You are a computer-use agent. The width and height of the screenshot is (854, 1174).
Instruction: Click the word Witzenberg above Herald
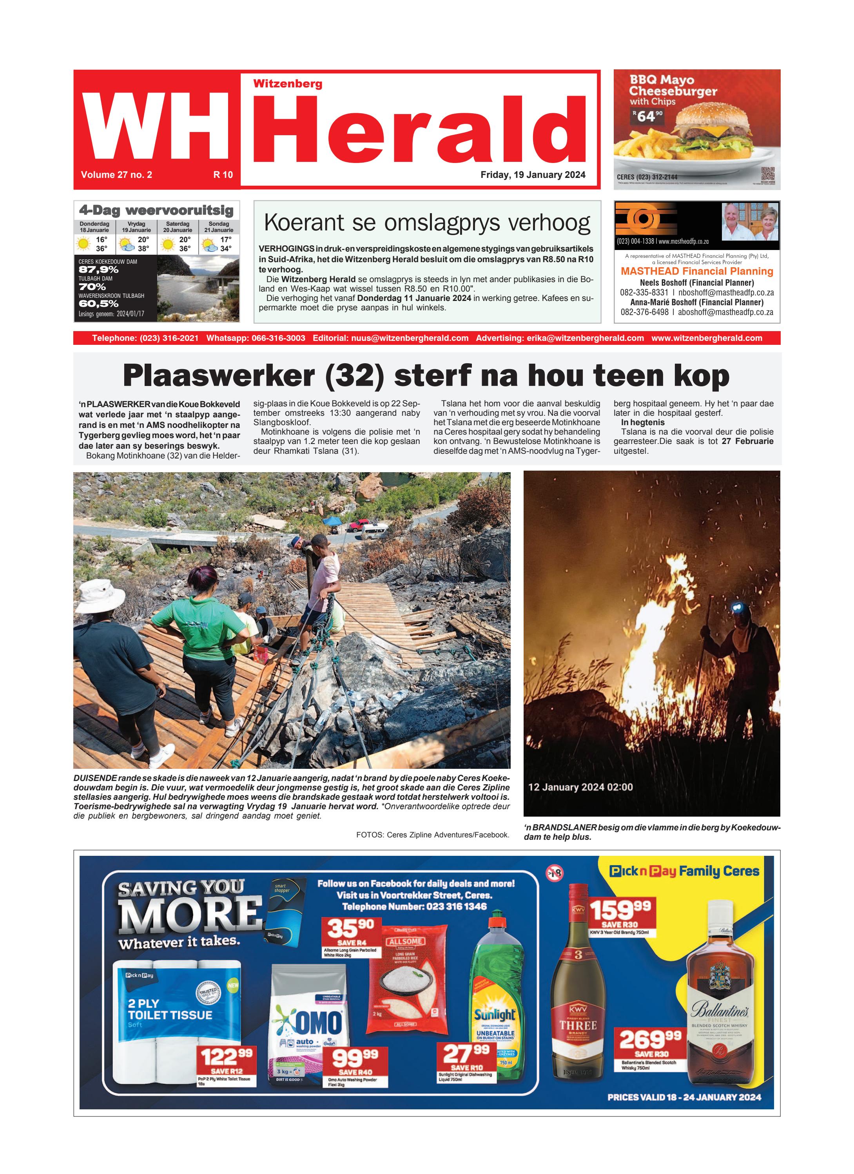288,84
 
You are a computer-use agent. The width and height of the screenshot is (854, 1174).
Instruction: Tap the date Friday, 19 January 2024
533,175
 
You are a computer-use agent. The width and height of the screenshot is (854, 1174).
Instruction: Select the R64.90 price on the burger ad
647,116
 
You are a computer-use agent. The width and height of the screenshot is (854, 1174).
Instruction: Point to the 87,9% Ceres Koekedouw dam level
99,270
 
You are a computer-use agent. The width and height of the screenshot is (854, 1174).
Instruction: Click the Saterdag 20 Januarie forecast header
178,227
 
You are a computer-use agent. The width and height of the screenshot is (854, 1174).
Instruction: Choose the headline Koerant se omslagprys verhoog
427,223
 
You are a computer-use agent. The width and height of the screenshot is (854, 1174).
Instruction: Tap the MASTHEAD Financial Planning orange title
697,271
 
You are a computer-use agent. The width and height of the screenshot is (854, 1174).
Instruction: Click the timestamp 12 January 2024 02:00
580,787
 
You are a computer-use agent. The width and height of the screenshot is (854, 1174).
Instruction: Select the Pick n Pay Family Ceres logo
684,871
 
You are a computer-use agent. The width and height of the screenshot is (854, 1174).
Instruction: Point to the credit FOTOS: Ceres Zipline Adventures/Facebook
432,834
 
